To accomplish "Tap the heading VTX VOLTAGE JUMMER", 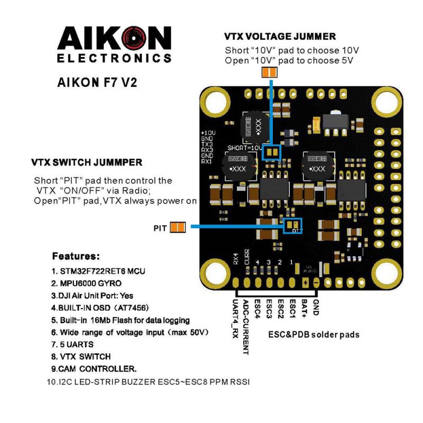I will (x=280, y=36).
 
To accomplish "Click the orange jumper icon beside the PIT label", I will (x=178, y=228).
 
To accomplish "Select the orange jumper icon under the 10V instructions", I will (x=269, y=72).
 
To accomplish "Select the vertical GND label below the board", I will (x=316, y=308).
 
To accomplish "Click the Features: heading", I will (x=76, y=256).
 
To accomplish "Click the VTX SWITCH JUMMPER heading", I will (x=87, y=161).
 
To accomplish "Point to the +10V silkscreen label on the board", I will (x=207, y=132).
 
